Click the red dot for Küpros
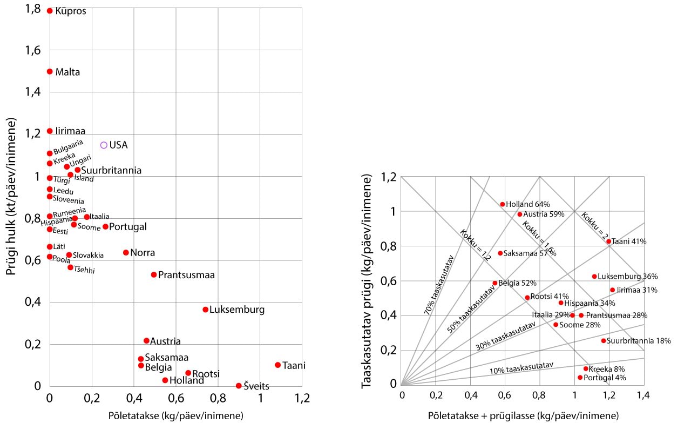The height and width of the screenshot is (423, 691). [50, 11]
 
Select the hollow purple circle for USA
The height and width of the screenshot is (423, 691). [104, 145]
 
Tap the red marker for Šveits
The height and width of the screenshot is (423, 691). [239, 386]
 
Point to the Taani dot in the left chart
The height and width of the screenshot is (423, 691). [277, 365]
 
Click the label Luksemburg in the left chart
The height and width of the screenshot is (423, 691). [236, 310]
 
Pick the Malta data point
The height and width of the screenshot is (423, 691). [50, 71]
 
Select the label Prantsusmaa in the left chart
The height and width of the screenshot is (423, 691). [186, 275]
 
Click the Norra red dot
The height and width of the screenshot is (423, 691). [126, 252]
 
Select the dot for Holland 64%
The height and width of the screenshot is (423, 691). [502, 204]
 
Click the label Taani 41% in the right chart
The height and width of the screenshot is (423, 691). [629, 241]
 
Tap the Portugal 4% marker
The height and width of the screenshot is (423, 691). [580, 378]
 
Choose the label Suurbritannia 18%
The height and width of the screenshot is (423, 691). [639, 341]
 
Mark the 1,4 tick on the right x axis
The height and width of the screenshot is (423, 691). [643, 395]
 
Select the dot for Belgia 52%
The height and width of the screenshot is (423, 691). [495, 283]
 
